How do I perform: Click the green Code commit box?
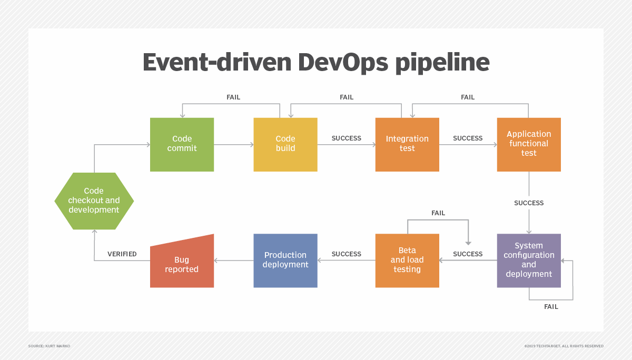click(x=182, y=145)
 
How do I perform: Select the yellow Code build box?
click(x=285, y=145)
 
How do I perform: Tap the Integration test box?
click(x=407, y=145)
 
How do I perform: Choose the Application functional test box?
click(x=529, y=145)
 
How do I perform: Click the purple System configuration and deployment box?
click(x=529, y=261)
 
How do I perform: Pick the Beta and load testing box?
click(x=407, y=261)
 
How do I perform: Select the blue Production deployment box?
click(x=285, y=261)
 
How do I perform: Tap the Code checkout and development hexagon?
click(x=94, y=201)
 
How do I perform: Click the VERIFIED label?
click(x=122, y=254)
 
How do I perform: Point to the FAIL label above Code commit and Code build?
click(x=233, y=97)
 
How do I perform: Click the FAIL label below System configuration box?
click(x=551, y=307)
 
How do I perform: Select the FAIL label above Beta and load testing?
click(x=438, y=213)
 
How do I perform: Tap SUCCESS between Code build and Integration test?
click(x=346, y=138)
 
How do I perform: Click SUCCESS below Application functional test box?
click(x=529, y=203)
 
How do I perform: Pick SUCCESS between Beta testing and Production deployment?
click(x=346, y=254)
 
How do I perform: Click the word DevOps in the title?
click(x=343, y=63)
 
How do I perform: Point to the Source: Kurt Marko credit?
click(x=49, y=346)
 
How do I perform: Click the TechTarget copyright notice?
click(x=564, y=346)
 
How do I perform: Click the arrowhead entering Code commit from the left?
click(x=148, y=145)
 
